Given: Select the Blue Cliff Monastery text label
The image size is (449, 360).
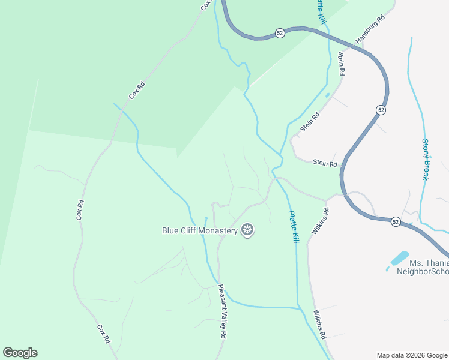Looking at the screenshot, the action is pos(200,230).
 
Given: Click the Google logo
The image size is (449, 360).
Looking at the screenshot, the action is pos(20,353).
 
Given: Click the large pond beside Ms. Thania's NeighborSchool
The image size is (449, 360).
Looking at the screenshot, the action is pos(399,259).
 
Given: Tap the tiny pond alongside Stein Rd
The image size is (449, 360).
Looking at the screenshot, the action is pos(327,95).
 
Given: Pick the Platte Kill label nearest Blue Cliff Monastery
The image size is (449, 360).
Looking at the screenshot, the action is pos(293,226).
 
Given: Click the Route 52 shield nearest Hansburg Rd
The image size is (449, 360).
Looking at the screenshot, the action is pos(280,34).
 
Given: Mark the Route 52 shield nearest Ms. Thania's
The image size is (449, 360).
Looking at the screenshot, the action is pos(395,221).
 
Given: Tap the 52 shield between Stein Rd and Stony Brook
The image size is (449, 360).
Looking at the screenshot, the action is pos(381,110).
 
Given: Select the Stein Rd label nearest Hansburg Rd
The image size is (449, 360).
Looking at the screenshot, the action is pos(342,64).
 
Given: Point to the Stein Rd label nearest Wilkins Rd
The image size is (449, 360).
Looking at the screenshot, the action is pos(325,163).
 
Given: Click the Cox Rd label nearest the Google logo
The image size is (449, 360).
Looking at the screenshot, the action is pos(103,334).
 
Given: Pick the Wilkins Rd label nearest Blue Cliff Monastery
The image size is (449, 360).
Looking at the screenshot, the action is pos(319,221).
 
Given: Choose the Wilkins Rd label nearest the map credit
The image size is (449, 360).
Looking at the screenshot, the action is pos(319,325).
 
